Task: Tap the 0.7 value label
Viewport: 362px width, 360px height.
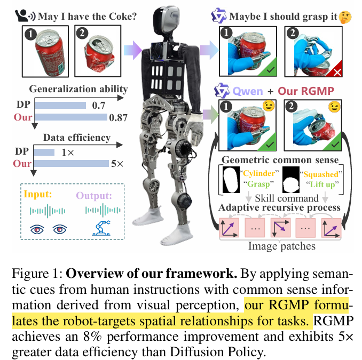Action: (x=99, y=107)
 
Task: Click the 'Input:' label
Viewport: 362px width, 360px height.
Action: (x=38, y=195)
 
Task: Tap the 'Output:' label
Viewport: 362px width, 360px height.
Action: (x=94, y=195)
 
